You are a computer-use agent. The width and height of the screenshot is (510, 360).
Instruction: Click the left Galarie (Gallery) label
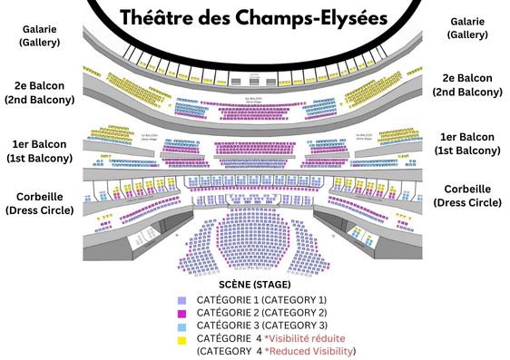[41, 34]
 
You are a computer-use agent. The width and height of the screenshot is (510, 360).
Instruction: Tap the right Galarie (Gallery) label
[467, 27]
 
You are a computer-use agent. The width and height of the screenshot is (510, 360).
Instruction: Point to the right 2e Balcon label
[467, 84]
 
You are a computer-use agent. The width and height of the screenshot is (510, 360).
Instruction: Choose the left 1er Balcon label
[42, 151]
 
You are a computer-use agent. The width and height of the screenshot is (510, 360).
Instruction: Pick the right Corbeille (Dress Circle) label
[467, 196]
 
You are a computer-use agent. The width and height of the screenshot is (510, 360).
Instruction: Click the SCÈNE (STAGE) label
[254, 285]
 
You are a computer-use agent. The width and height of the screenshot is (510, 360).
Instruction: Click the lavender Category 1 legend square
[182, 300]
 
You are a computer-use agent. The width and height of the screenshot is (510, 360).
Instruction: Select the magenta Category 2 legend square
[182, 313]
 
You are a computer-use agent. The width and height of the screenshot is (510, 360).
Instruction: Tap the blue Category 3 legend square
[182, 326]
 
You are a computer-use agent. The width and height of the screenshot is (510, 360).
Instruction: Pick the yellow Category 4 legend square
[182, 338]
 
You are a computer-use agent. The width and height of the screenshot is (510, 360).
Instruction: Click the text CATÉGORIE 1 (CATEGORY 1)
[261, 299]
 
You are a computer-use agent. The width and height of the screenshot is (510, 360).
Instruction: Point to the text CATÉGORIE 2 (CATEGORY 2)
[261, 312]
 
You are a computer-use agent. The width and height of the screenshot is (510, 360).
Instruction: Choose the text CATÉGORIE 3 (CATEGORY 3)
[261, 325]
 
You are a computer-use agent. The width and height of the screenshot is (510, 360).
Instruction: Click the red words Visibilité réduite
[307, 338]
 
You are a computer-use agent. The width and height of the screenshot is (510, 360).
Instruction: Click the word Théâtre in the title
[155, 17]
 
